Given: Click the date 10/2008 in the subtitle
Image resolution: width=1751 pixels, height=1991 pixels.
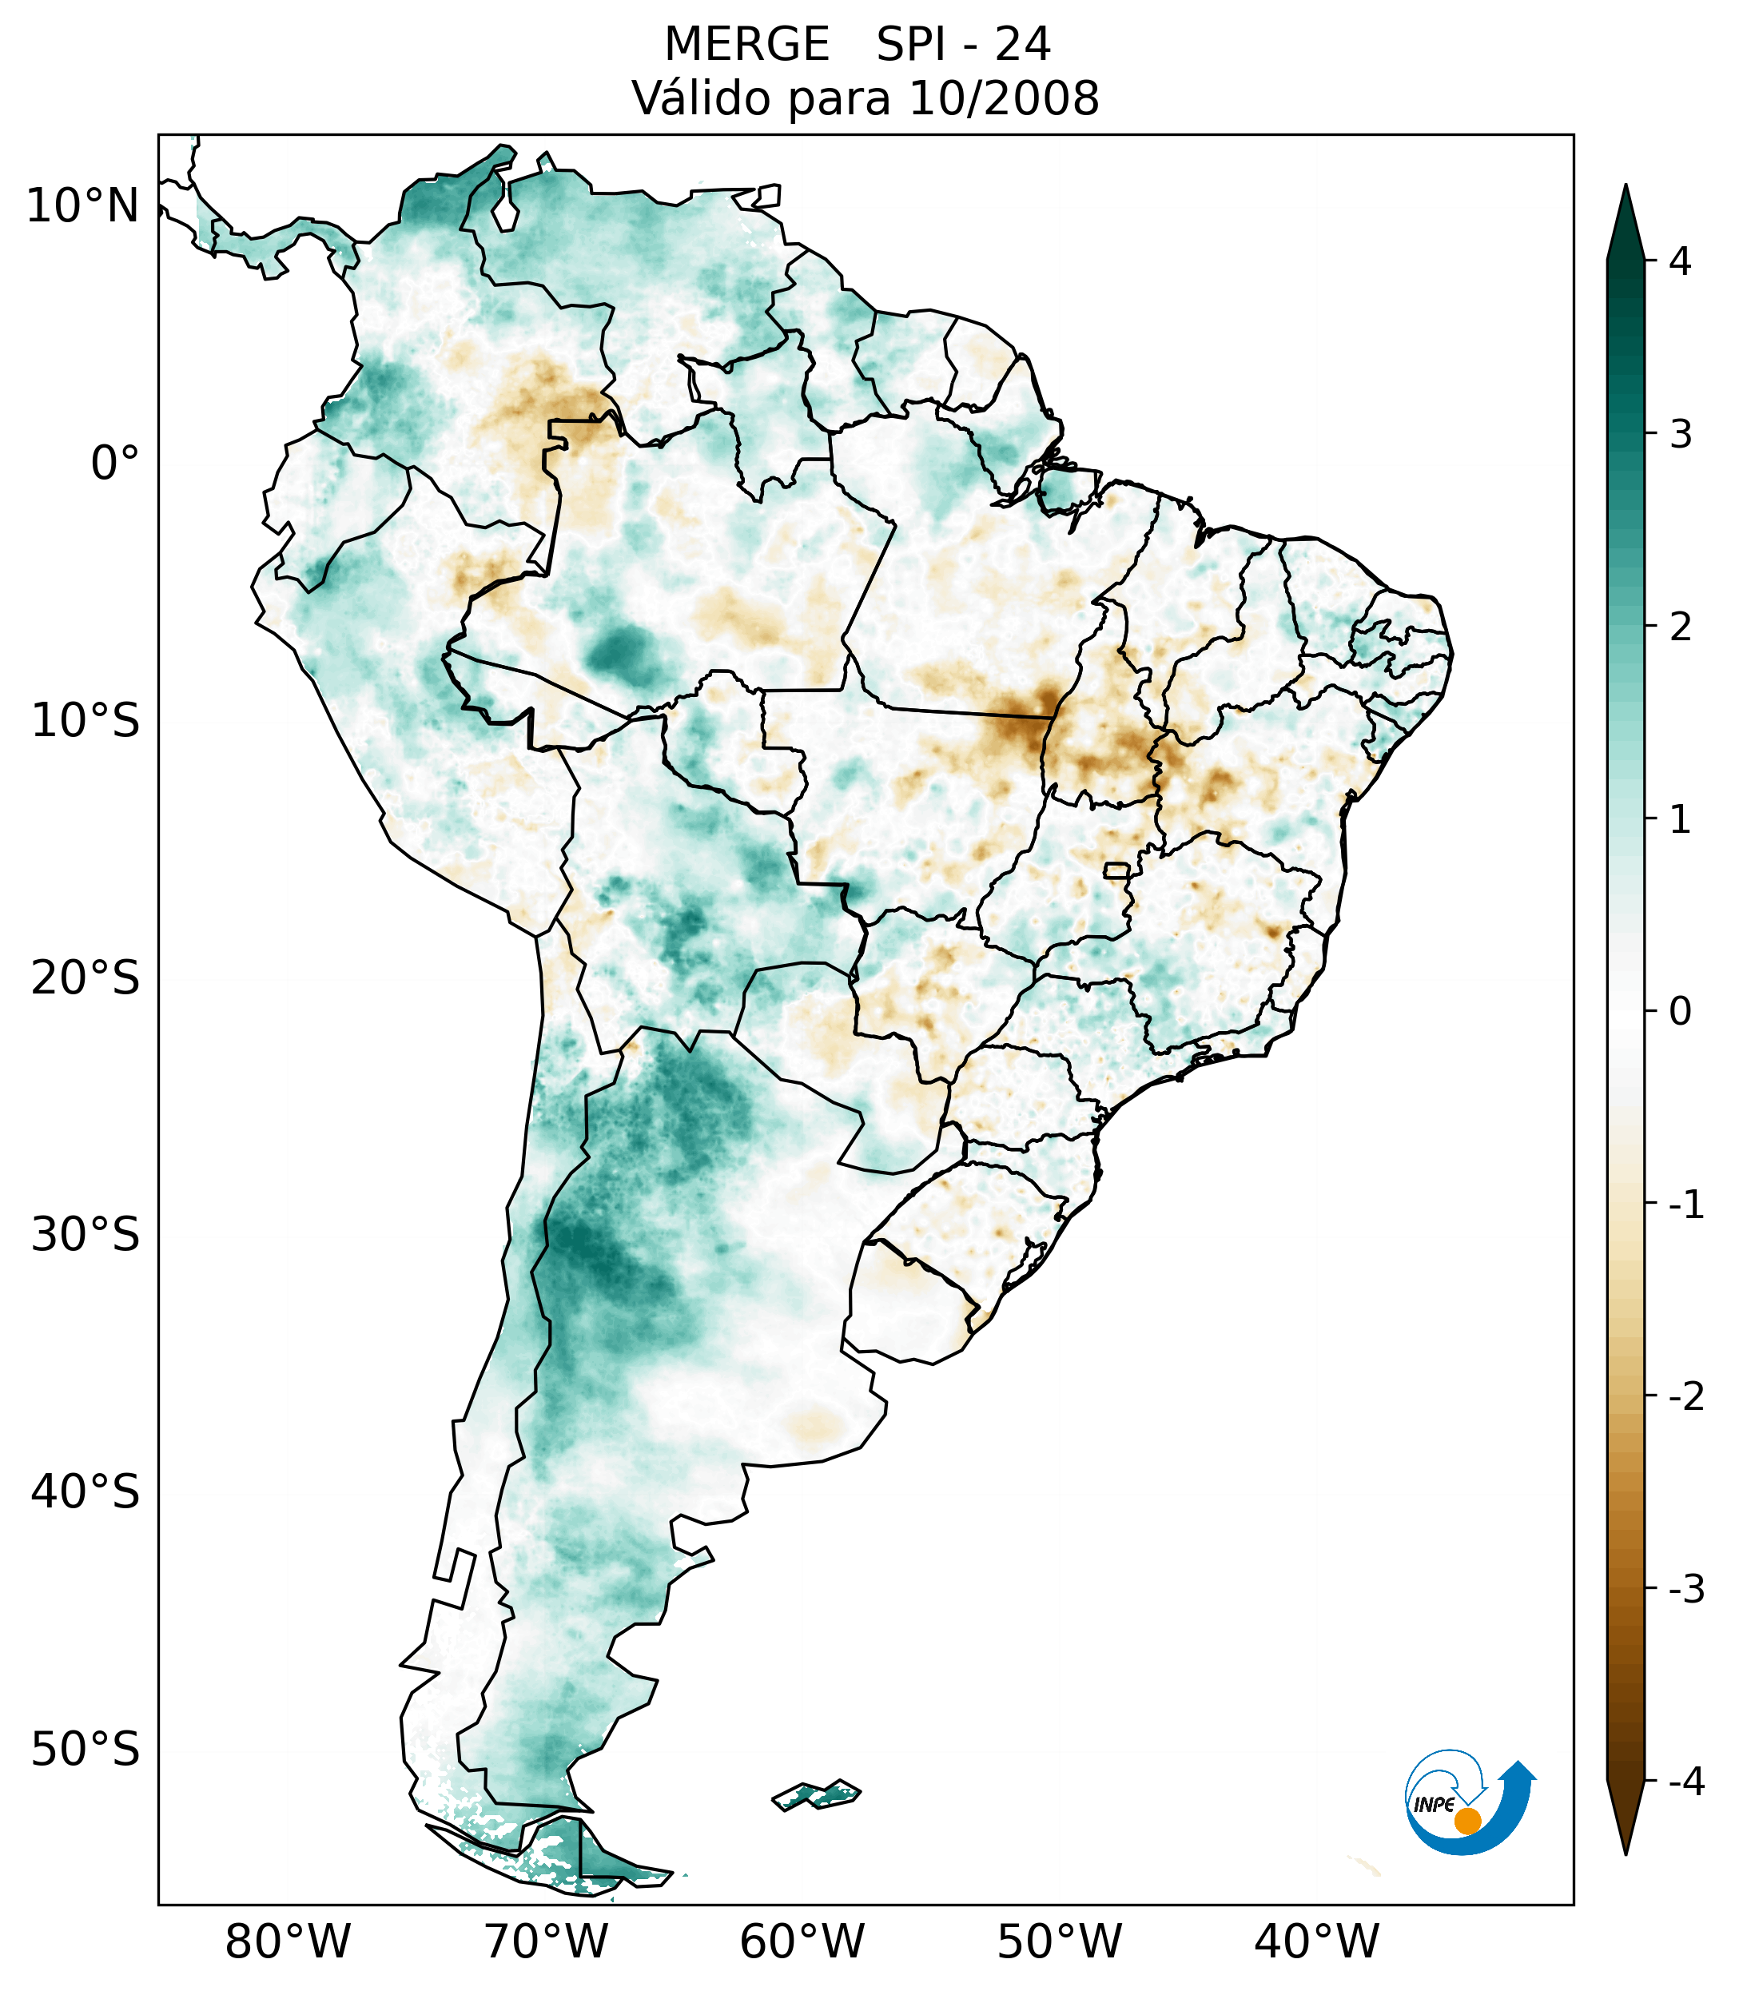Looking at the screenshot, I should coord(1003,98).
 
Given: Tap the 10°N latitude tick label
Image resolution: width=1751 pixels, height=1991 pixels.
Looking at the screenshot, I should coord(82,206).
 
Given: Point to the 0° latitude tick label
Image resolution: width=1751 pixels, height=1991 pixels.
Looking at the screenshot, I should coord(114,464).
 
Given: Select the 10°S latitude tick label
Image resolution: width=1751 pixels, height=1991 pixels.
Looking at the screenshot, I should coord(86,721).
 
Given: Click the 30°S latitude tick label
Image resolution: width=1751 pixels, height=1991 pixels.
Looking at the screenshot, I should coord(86,1235).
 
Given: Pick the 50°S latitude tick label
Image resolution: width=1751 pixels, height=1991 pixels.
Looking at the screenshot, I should coord(86,1750).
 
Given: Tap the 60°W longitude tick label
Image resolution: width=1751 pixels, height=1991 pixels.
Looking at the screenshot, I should coord(802,1941).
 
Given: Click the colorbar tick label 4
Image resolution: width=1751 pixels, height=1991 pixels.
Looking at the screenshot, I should coord(1680,261).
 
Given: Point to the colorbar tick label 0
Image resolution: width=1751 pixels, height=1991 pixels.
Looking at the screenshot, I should coord(1680,1012).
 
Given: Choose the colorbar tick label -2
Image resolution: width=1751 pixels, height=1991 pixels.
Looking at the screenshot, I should coord(1685,1397).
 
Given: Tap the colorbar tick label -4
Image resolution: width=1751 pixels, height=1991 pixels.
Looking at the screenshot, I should coord(1685,1782).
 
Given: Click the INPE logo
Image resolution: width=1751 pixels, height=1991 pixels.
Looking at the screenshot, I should coord(1467,1801).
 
